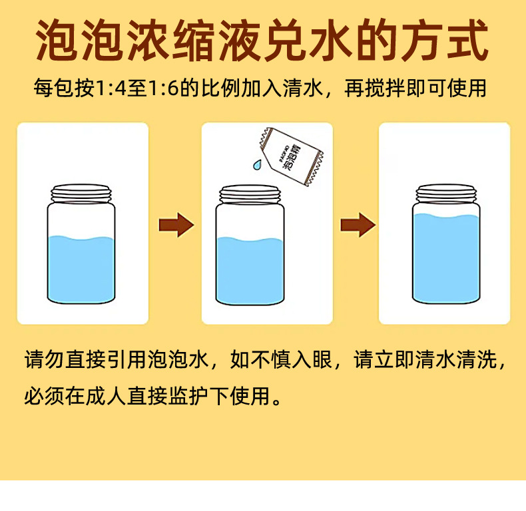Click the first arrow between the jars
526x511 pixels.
pyautogui.click(x=176, y=224)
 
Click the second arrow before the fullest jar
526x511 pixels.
pyautogui.click(x=358, y=224)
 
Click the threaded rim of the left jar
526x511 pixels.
pyautogui.click(x=80, y=193)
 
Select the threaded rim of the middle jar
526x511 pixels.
pyautogui.click(x=250, y=193)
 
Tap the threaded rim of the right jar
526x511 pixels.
pyautogui.click(x=445, y=193)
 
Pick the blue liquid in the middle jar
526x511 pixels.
pyautogui.click(x=250, y=269)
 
